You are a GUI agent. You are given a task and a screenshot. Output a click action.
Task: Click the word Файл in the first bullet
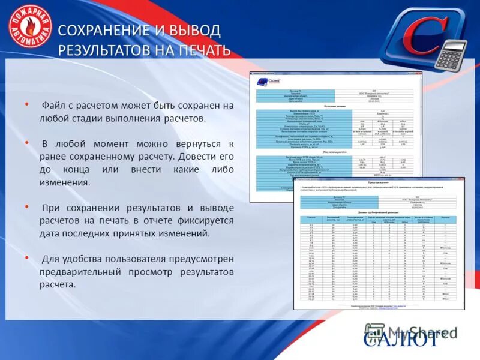53,106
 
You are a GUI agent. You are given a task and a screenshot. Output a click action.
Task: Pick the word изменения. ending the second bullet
66,182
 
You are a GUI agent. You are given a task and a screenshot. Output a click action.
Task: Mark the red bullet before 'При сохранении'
26,206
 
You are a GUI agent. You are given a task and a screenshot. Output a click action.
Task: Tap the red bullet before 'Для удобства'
26,257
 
